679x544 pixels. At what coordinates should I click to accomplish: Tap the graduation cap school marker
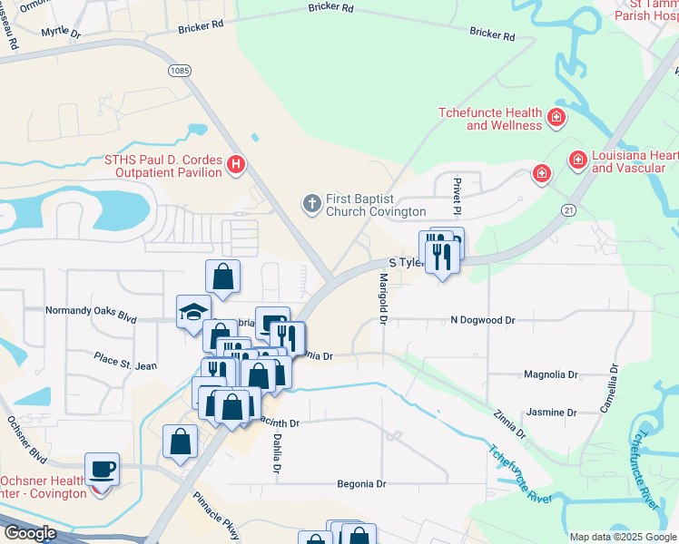coord(192,311)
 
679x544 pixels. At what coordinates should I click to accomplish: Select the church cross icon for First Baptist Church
coord(311,203)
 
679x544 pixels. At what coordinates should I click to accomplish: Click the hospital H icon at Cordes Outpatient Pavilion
coord(236,164)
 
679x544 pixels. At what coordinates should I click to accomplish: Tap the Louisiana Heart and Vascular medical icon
coord(576,160)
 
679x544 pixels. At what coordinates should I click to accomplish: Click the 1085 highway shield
coord(179,69)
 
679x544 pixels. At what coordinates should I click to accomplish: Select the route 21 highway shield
coord(568,209)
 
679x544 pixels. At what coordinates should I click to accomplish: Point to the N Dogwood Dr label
coord(483,320)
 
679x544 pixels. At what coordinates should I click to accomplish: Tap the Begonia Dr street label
coord(362,484)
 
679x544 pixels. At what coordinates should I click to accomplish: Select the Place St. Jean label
coord(125,363)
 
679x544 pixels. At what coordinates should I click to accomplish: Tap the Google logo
coord(29,533)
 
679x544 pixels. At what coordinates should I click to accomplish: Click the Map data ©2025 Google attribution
coord(623,537)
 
